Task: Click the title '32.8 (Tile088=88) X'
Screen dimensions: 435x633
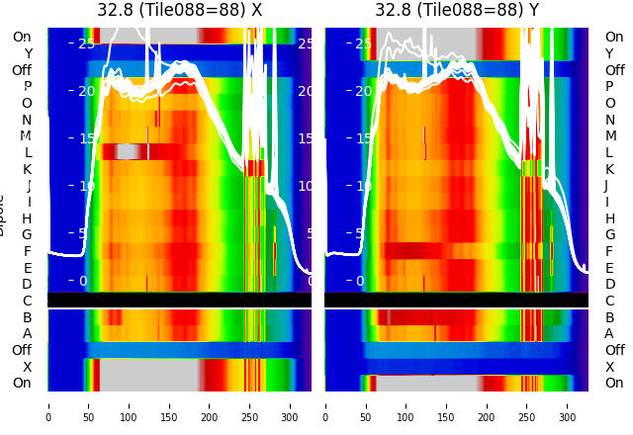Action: point(179,10)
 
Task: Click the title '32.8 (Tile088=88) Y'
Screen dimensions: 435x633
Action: point(457,10)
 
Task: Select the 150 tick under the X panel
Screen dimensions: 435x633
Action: point(169,404)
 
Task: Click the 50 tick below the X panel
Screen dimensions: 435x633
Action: point(88,404)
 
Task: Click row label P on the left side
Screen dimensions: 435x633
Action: point(27,87)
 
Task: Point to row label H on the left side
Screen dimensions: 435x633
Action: point(27,218)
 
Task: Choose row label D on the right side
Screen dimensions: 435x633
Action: point(609,285)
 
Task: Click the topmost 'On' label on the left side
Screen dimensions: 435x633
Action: point(22,37)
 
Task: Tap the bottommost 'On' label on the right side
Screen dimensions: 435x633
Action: point(614,384)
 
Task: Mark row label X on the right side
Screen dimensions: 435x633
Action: point(609,367)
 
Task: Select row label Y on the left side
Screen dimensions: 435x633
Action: point(28,53)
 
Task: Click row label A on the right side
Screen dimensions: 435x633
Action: point(609,334)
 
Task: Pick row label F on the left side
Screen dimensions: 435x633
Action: point(28,251)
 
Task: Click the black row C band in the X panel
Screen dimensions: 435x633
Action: point(179,300)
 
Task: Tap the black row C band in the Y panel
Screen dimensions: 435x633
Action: point(457,300)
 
